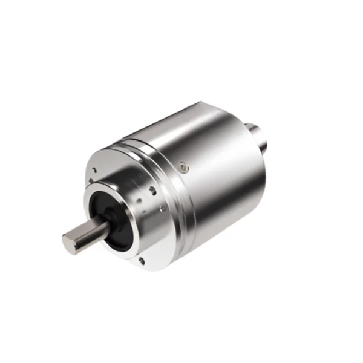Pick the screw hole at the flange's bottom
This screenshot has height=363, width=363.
(141, 261)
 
